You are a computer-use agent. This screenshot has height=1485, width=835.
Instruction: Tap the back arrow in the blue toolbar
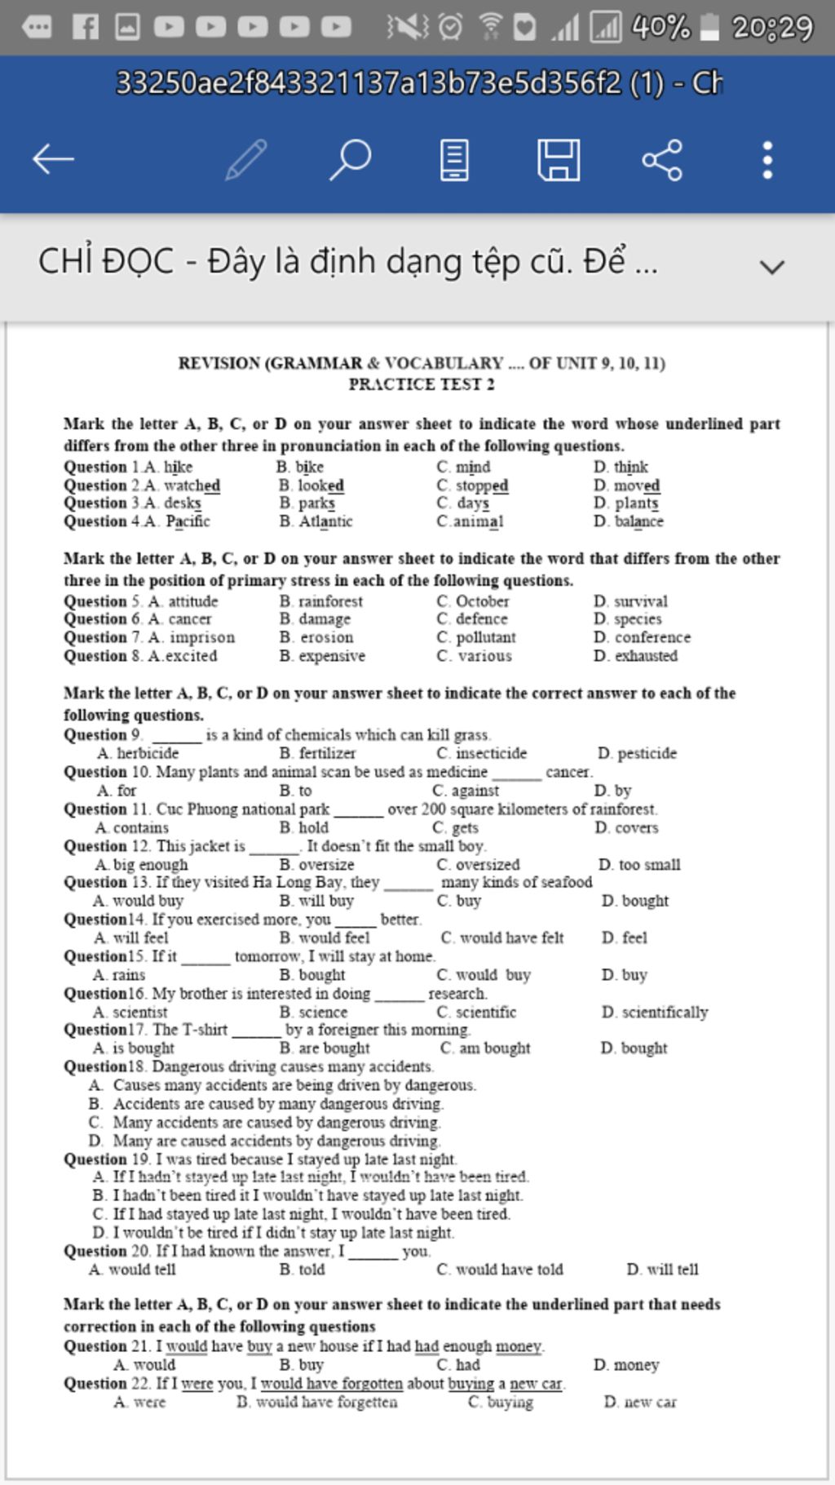tap(54, 159)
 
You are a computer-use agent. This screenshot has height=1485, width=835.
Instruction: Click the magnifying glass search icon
tap(350, 159)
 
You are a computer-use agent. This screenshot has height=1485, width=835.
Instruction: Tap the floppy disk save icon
tap(559, 159)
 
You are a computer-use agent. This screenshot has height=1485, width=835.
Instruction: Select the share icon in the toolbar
tap(662, 159)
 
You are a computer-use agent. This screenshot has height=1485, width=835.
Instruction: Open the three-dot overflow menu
tap(767, 159)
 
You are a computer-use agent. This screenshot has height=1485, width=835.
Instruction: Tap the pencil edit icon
tap(245, 159)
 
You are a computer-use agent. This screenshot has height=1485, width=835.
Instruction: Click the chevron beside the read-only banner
tap(771, 266)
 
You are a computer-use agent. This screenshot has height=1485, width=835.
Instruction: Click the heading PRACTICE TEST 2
tap(422, 384)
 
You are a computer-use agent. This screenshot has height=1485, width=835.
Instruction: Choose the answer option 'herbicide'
tap(147, 753)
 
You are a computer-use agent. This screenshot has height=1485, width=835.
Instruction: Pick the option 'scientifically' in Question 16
tap(665, 1012)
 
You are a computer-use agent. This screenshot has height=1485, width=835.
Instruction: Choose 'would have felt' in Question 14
tap(511, 938)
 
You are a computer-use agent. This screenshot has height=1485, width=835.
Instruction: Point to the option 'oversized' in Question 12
tap(487, 864)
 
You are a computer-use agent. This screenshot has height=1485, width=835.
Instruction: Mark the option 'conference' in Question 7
tap(652, 637)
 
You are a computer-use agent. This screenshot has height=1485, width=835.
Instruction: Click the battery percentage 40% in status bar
tap(660, 28)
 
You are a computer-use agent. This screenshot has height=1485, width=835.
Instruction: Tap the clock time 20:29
tap(772, 28)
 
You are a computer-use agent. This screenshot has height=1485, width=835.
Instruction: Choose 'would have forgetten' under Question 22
tap(326, 1402)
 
